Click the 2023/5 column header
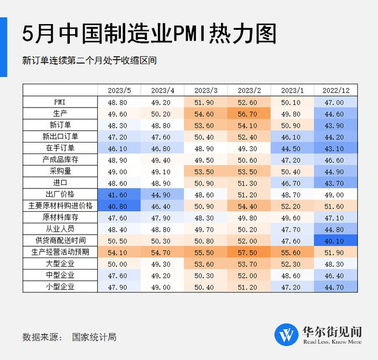coord(119,90)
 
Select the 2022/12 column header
coord(336,90)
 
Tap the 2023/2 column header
coord(249,90)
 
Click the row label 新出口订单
coord(61,136)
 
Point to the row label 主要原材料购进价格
coord(61,205)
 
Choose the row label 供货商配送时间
coord(61,240)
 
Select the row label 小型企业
coord(61,286)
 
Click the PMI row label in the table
coord(61,102)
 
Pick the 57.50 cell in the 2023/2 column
coord(249,252)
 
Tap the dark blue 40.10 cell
coord(336,240)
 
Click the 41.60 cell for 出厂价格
coord(119,194)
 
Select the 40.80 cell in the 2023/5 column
coord(119,205)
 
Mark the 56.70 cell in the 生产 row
coord(249,113)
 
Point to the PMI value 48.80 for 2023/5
coord(119,102)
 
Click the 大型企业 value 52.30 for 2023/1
coord(293,263)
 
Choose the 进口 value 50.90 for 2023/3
coord(206,183)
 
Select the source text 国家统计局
coord(94,337)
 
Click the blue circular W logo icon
coord(286,334)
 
